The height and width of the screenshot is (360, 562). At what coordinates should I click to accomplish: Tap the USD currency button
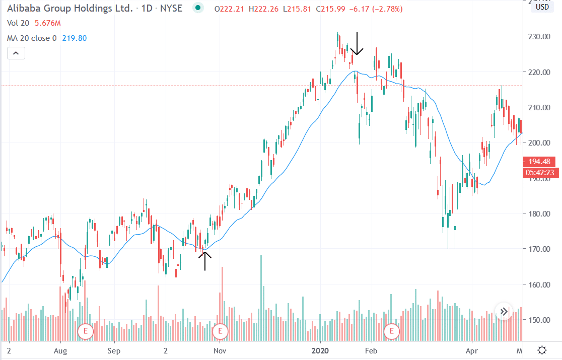pyautogui.click(x=542, y=7)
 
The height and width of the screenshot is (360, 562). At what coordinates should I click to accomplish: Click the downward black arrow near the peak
pyautogui.click(x=357, y=44)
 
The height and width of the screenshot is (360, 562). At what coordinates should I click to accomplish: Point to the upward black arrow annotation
pyautogui.click(x=205, y=260)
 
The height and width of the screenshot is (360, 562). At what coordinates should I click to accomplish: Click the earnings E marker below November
pyautogui.click(x=220, y=331)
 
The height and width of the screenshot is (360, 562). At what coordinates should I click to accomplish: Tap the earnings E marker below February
pyautogui.click(x=391, y=331)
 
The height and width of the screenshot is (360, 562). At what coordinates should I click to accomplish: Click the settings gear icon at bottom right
pyautogui.click(x=542, y=350)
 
